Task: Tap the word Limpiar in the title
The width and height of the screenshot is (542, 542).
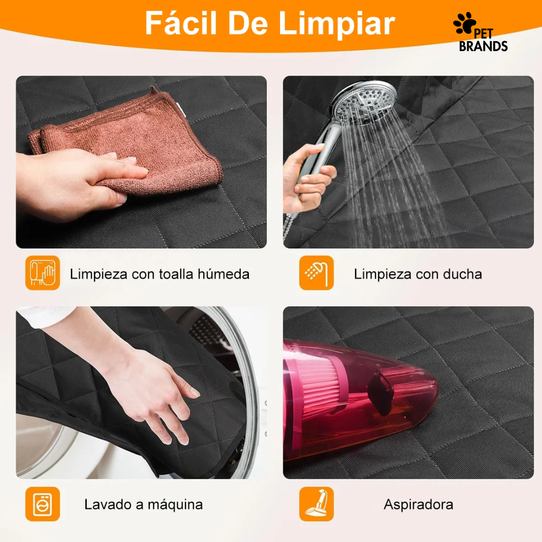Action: click(337, 23)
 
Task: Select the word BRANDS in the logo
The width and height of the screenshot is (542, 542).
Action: click(483, 46)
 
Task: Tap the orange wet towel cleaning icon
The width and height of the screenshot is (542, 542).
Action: click(43, 273)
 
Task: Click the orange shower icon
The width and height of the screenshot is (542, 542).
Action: click(316, 273)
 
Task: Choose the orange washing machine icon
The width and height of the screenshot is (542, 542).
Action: click(43, 504)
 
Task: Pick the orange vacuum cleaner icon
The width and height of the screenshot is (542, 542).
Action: click(316, 504)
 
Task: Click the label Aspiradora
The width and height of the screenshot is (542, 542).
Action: click(418, 504)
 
